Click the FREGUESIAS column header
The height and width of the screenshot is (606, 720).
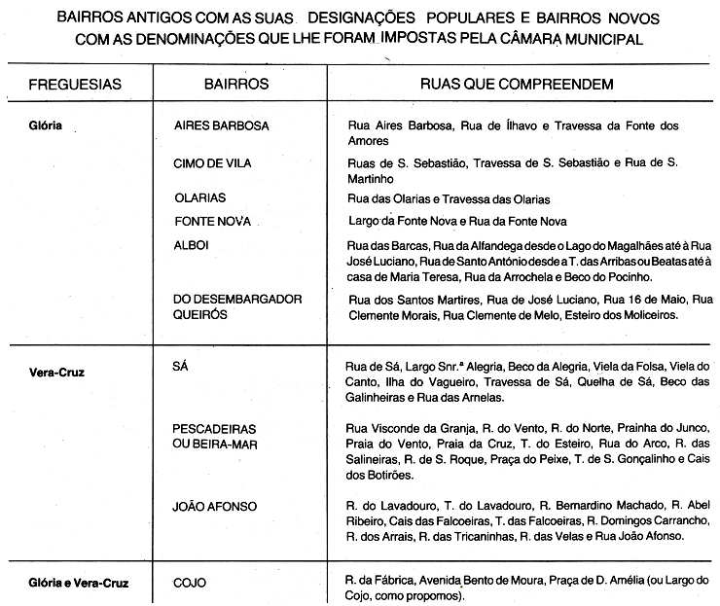point(75,85)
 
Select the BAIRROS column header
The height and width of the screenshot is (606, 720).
point(236,85)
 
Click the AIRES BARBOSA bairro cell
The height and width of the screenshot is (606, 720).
point(221,126)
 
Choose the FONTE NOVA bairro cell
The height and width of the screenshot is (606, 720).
point(212,221)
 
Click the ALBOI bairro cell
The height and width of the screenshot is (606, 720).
point(191,245)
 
